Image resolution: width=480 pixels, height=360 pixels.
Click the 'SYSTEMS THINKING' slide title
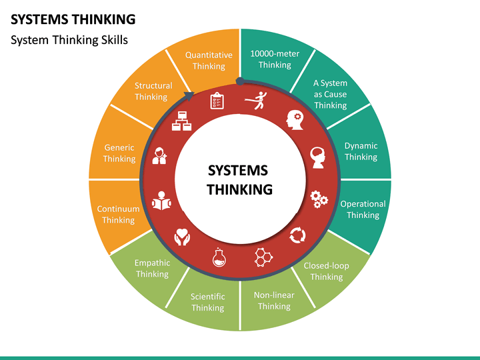point(73,18)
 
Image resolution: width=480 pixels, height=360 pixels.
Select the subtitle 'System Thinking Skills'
point(69,40)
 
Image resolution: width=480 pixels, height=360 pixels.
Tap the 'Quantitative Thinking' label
point(209,60)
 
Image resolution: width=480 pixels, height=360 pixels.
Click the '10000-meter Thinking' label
point(275,59)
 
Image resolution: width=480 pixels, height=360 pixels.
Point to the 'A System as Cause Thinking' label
point(330,94)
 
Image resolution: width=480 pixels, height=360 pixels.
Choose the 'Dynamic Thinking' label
point(361,151)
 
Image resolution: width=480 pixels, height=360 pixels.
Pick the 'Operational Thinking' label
point(363,209)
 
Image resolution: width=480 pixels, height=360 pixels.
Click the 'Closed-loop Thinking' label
point(326,271)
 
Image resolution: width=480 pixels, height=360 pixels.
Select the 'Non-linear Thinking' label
point(274,300)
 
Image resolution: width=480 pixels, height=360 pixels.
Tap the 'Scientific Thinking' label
point(208,302)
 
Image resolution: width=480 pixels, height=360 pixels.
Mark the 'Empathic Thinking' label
point(152,268)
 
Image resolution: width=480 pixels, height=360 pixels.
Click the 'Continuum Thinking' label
point(118,214)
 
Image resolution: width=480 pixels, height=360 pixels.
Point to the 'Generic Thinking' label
point(119,153)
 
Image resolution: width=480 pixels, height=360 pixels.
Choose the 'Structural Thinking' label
point(153,91)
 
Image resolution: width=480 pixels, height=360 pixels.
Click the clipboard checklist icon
point(217,101)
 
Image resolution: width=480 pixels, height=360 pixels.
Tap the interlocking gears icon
point(319,197)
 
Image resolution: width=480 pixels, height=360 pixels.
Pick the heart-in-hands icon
point(182,236)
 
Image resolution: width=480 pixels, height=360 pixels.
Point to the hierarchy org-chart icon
point(182,122)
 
